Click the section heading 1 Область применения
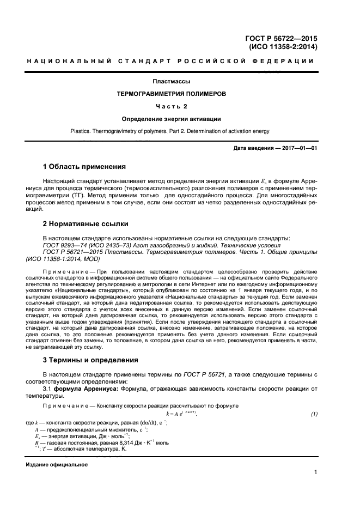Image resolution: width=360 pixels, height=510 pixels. click(84, 166)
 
